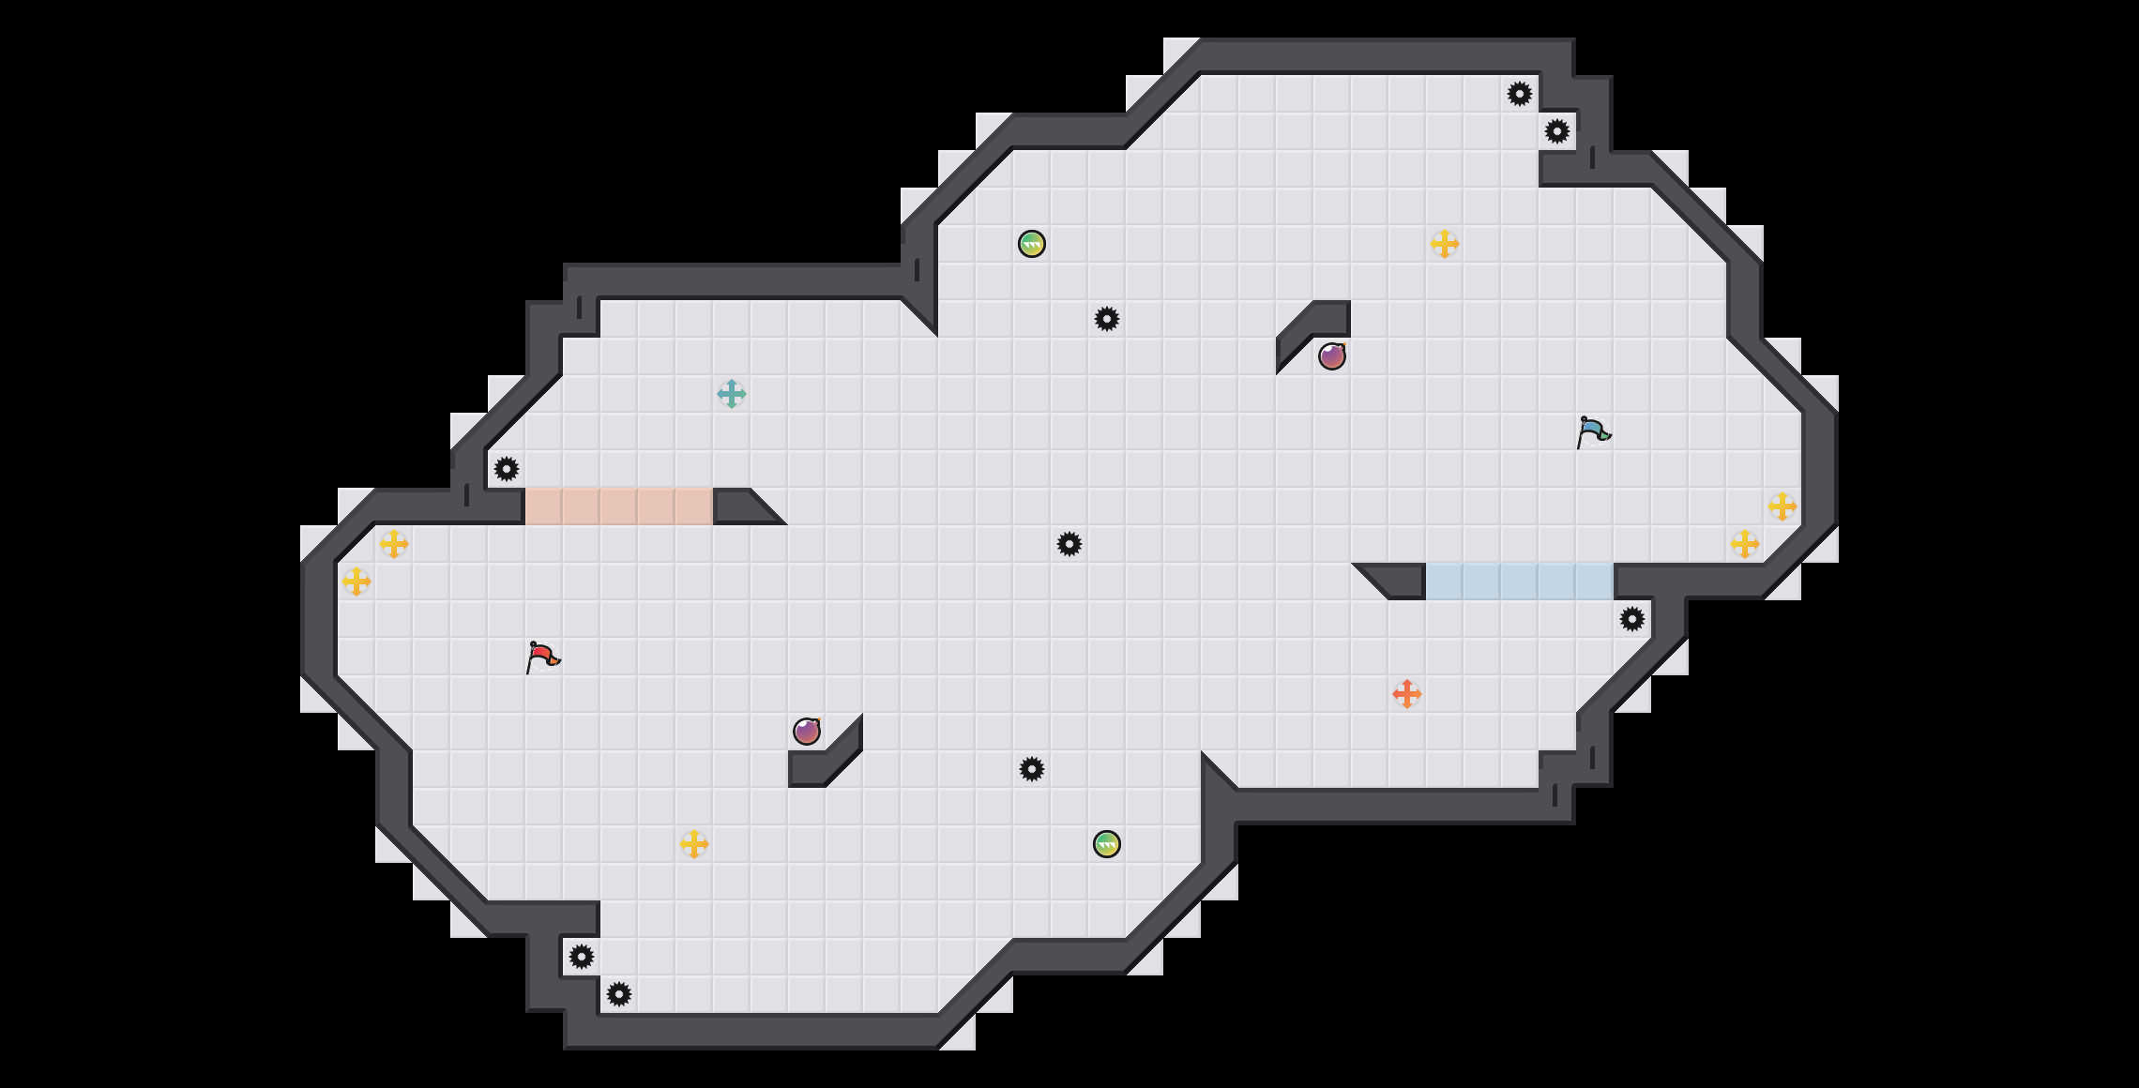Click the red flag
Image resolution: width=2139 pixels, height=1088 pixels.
pos(542,657)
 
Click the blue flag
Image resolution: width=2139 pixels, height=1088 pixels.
pos(1593,431)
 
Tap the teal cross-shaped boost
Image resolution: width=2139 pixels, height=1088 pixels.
pos(732,394)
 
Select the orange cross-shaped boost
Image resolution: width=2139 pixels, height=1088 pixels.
pos(1407,694)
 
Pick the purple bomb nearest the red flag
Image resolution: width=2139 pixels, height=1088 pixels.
pos(807,732)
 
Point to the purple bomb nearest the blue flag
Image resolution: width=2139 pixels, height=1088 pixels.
pos(1332,356)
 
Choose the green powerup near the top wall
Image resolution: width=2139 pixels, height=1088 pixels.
pos(1032,244)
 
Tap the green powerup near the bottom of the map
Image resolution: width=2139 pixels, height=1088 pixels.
pos(1107,844)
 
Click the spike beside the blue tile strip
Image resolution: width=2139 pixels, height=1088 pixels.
pos(1632,619)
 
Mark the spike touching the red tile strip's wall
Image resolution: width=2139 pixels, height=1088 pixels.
pos(507,469)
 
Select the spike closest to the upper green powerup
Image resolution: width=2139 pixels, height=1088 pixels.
pos(1107,319)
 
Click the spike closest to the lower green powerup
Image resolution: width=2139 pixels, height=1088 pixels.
pos(1032,769)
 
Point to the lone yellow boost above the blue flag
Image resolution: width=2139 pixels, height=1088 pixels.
pos(1445,244)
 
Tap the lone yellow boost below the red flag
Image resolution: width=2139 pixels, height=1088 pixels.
pos(694,844)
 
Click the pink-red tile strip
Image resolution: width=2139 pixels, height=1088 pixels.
pos(619,506)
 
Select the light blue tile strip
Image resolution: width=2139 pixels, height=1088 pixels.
pos(1520,582)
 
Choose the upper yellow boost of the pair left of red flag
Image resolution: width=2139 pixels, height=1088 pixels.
pos(394,544)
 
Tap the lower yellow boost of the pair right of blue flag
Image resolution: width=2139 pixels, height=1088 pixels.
pos(1745,544)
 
